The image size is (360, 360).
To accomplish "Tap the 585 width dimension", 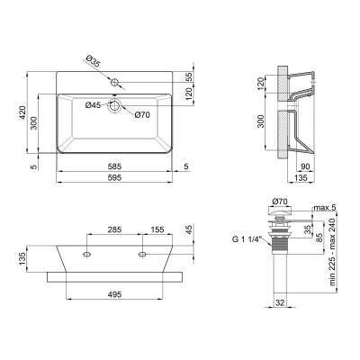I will [x=112, y=167].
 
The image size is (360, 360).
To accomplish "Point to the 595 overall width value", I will [x=112, y=179].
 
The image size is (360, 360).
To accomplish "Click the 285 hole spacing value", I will [x=115, y=229].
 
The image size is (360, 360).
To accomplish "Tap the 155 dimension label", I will [x=157, y=229].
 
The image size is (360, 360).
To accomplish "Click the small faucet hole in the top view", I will [x=114, y=83].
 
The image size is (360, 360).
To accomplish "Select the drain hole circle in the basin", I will [x=114, y=106].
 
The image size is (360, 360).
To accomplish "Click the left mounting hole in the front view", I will [x=86, y=256].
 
